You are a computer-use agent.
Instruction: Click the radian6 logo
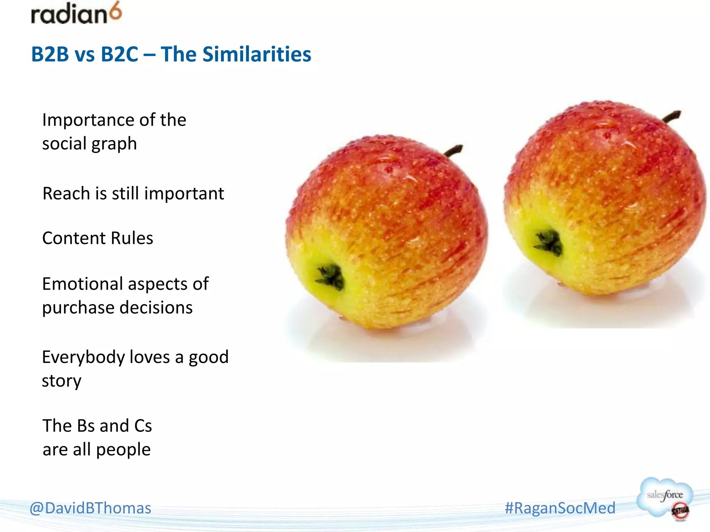click(x=76, y=14)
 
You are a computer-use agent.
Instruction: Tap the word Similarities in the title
click(x=257, y=54)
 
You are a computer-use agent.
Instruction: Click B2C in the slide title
click(x=119, y=54)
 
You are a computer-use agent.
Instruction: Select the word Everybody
click(x=83, y=357)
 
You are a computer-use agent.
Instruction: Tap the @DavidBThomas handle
click(x=90, y=508)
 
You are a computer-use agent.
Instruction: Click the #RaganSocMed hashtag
click(x=560, y=508)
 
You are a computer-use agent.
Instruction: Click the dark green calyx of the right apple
click(x=548, y=242)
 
